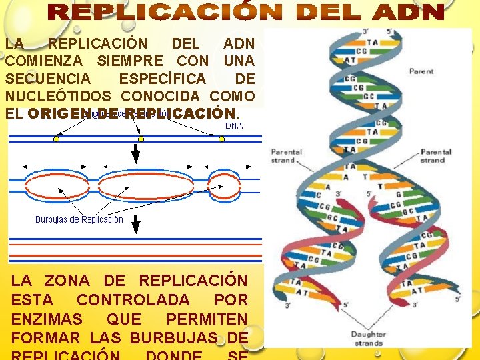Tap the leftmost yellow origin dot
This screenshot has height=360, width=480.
(56, 139)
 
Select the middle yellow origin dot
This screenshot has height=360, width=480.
(141, 139)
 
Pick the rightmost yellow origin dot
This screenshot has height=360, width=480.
(222, 139)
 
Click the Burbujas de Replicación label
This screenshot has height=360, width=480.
(79, 219)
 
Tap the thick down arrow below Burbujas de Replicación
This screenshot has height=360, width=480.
(136, 225)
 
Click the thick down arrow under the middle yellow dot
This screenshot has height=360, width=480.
(136, 153)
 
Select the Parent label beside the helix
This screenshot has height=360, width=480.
(421, 71)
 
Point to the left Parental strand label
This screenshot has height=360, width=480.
(286, 156)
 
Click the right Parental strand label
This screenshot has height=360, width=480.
(437, 156)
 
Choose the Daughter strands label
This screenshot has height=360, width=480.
(368, 339)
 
